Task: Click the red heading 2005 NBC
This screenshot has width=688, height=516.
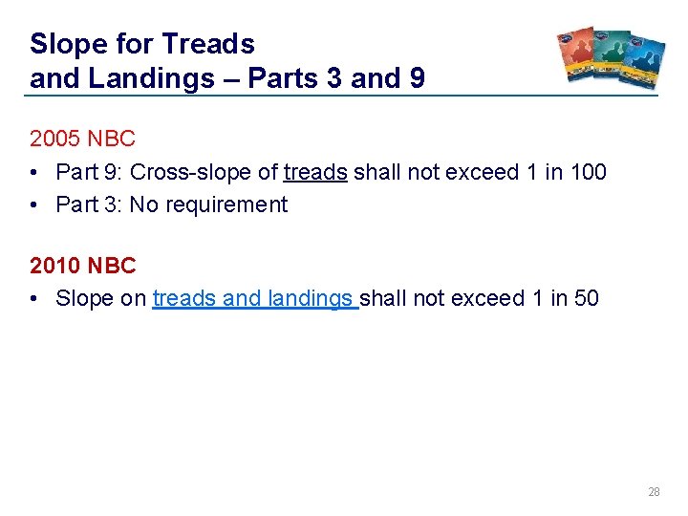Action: (83, 139)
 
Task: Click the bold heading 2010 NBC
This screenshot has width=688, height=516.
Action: (83, 266)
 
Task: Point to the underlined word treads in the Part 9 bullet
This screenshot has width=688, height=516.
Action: (315, 172)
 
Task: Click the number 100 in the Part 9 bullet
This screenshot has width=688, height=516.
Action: (587, 172)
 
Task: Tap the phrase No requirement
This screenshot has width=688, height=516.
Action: (208, 204)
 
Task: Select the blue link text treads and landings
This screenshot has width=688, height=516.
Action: (254, 298)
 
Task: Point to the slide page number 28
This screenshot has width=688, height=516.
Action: (654, 492)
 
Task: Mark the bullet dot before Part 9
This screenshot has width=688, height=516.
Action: (35, 172)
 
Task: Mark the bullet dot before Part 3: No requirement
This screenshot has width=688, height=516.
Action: (35, 204)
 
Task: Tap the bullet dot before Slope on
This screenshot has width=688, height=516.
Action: (35, 298)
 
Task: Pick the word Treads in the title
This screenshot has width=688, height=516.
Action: (207, 44)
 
